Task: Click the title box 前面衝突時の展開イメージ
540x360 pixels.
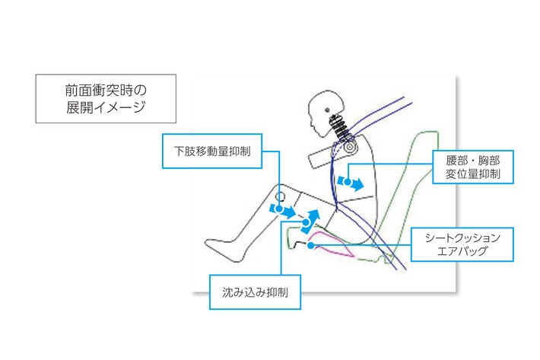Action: click(106, 98)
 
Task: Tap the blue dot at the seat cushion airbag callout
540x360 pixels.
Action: click(310, 245)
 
